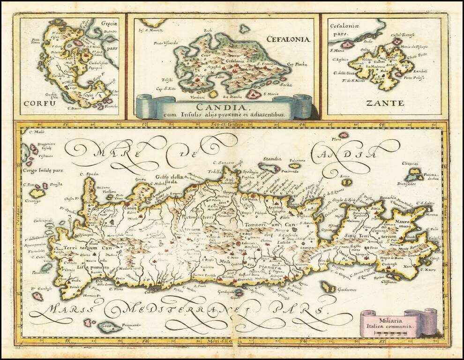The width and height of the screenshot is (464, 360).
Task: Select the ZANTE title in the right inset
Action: tap(385, 103)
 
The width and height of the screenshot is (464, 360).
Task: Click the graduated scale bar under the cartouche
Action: tap(394, 334)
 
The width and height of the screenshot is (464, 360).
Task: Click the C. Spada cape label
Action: tap(92, 174)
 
